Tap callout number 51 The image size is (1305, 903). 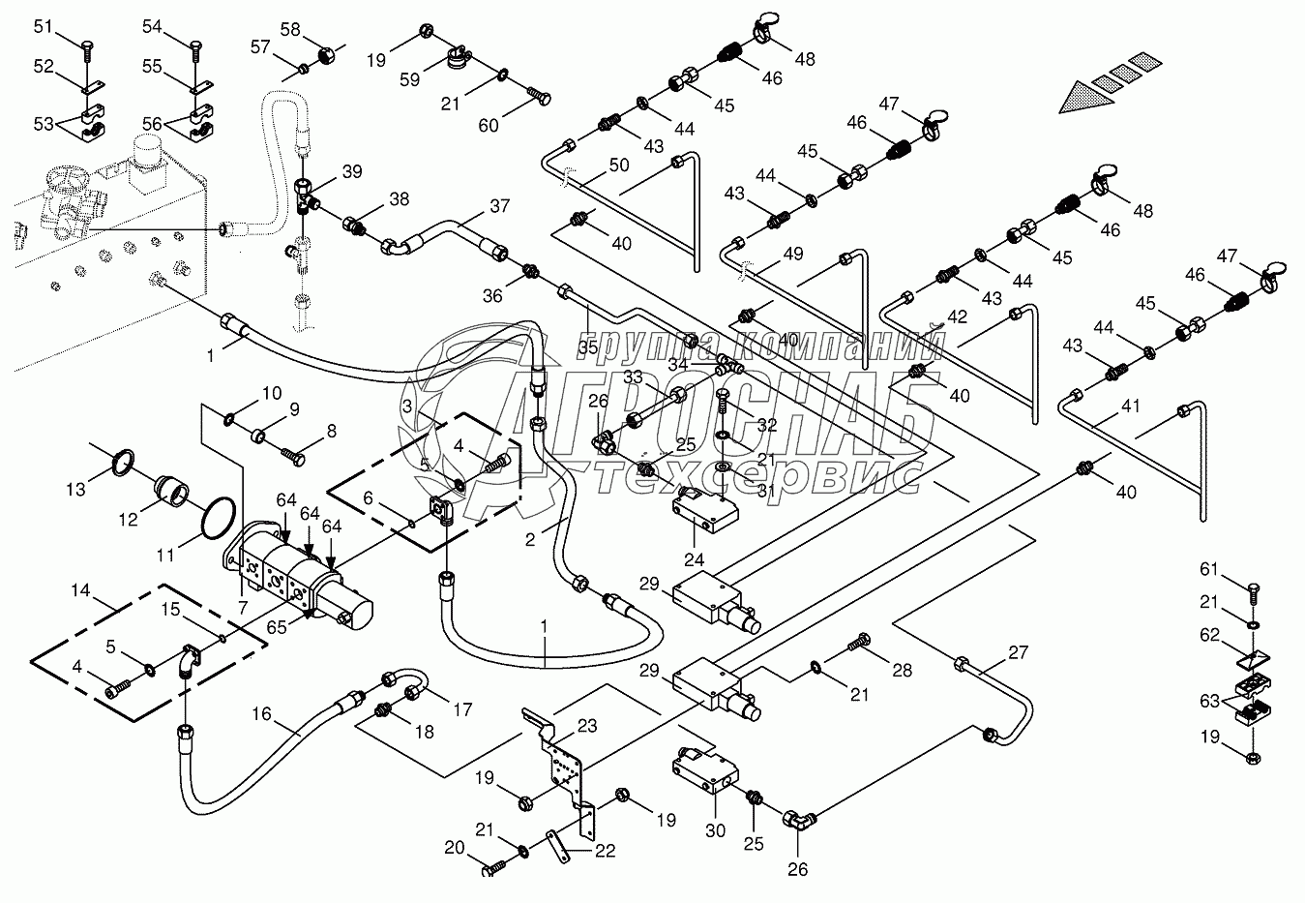44,27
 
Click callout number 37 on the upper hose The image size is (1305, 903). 499,205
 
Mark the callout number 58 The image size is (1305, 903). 290,29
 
